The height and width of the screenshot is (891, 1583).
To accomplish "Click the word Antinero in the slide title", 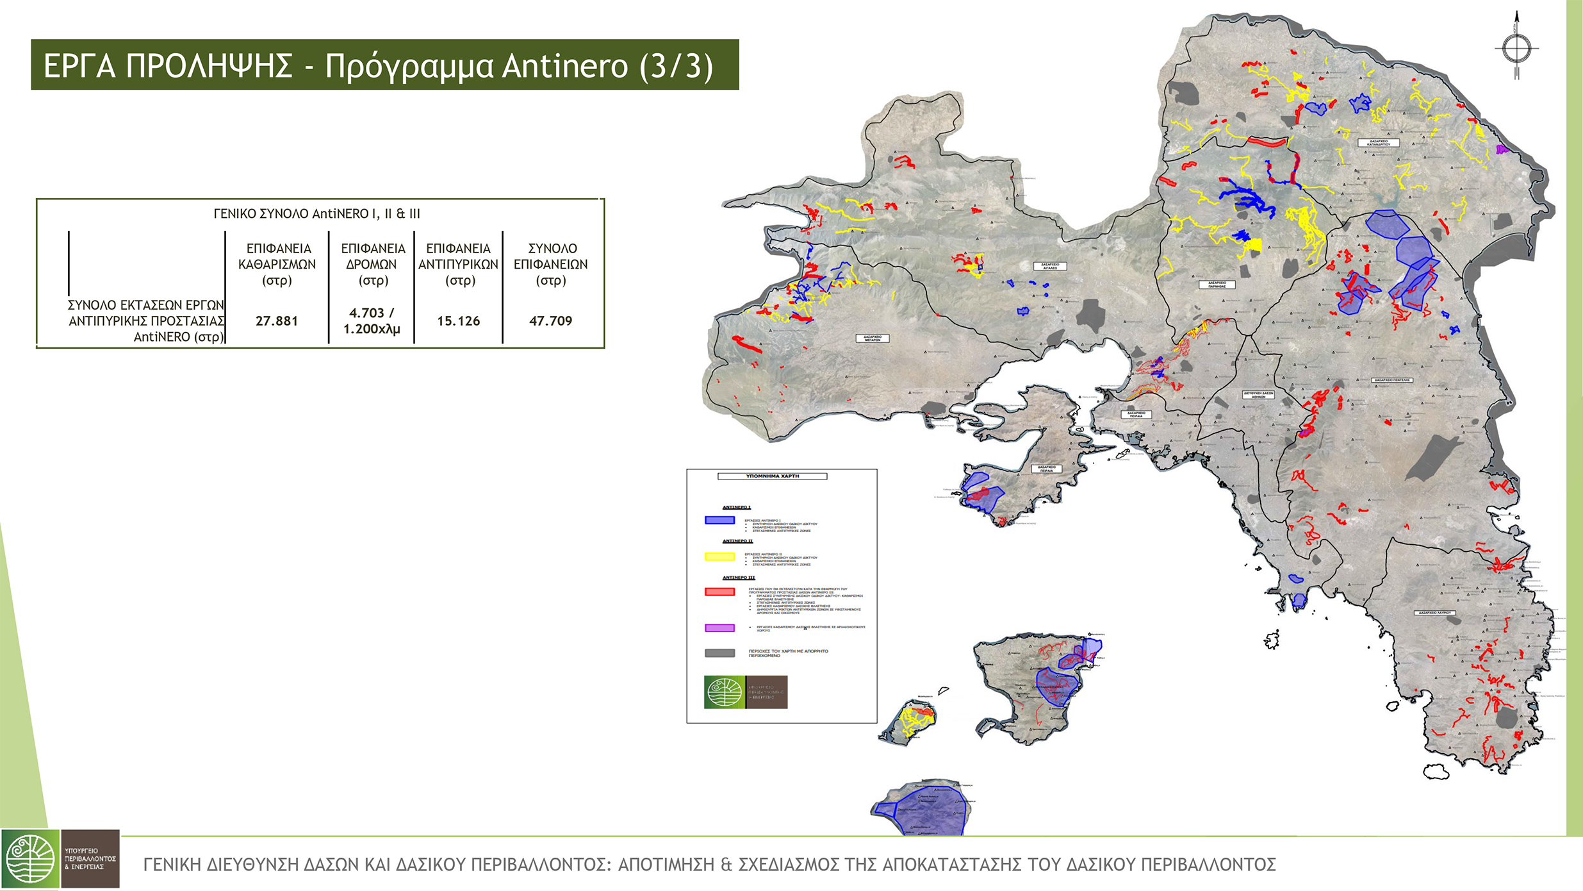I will pos(564,66).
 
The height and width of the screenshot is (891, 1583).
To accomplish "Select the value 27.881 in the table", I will pos(277,321).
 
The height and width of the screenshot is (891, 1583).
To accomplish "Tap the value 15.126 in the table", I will pos(458,321).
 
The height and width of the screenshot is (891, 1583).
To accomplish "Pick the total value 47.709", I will pos(550,321).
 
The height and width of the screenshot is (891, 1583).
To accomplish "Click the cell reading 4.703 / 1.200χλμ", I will pos(372,321).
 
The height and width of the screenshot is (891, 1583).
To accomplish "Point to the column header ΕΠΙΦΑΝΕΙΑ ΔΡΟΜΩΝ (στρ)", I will pos(372,264).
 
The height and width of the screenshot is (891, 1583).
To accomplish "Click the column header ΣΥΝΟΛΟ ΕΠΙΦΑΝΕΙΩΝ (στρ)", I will pos(550,264).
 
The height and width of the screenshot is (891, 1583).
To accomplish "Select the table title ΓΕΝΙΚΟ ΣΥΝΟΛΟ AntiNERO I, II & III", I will pos(316,213).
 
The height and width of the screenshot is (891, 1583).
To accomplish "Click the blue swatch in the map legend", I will pos(719,520).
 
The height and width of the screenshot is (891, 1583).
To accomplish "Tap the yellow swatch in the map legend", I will pos(719,556).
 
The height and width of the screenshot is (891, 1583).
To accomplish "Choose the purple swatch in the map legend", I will pos(719,628).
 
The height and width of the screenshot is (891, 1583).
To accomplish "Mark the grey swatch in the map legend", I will pos(719,653).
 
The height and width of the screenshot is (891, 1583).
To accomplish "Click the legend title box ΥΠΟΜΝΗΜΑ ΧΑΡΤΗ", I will pos(772,476).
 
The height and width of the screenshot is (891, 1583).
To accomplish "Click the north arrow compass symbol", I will pos(1516,48).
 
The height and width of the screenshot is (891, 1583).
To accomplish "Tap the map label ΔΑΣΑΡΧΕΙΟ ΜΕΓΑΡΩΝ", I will pos(872,338).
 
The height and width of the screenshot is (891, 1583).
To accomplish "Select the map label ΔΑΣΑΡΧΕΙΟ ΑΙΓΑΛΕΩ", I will pos(1049,266).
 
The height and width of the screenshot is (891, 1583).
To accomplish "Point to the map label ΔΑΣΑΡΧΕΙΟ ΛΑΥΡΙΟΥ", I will pos(1434,613).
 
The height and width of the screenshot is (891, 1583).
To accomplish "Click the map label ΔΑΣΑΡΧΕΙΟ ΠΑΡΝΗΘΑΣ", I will pos(1217,284).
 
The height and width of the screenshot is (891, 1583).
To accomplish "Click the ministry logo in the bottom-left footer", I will pos(60,858).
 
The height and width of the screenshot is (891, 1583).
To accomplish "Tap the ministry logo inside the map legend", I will pos(745,692).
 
